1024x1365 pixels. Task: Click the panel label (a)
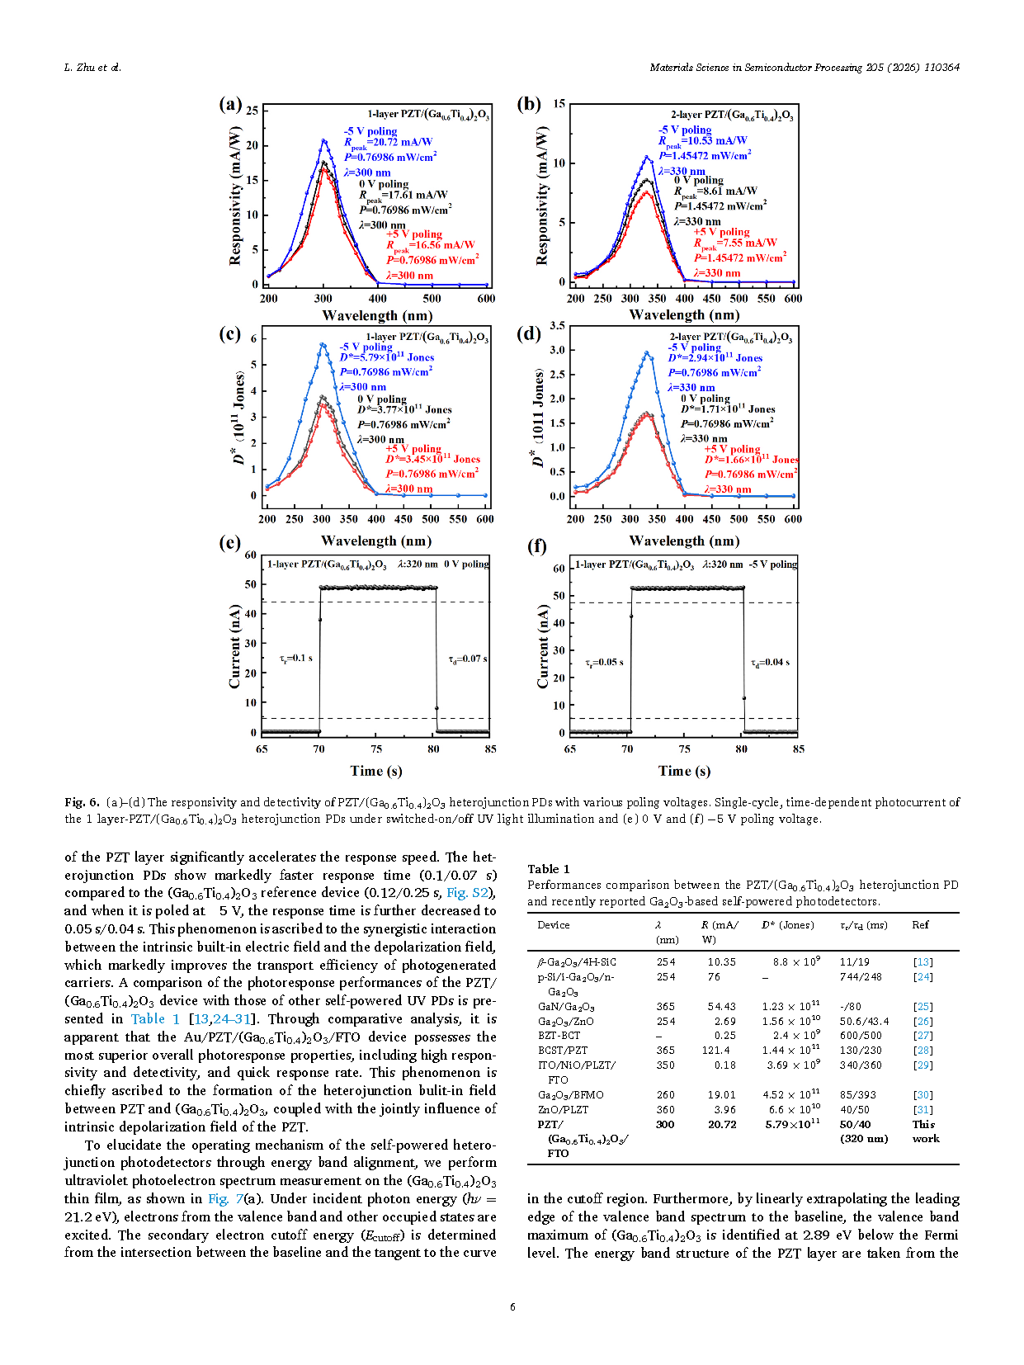pos(230,104)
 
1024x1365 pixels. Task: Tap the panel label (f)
pos(536,546)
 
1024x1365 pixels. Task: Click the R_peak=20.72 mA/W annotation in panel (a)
pos(388,143)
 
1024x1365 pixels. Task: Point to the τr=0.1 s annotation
pos(295,658)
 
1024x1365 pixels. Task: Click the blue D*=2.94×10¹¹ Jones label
pos(715,358)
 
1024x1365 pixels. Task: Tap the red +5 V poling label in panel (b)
pos(721,232)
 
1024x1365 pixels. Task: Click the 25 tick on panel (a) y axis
pos(252,111)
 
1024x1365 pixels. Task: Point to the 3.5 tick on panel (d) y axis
pos(557,326)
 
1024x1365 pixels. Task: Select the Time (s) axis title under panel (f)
pos(684,771)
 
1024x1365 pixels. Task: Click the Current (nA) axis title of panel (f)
pos(542,646)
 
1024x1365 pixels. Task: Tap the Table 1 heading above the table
pos(549,868)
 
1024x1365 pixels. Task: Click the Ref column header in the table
pos(920,925)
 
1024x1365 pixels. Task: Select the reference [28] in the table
pos(923,1051)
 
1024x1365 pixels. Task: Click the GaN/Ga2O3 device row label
pos(566,1007)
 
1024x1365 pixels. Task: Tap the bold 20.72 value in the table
pos(722,1124)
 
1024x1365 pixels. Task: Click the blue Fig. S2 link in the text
pos(467,893)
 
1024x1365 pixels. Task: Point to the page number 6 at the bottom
pos(512,1306)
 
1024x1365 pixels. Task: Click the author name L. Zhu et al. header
pos(92,68)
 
